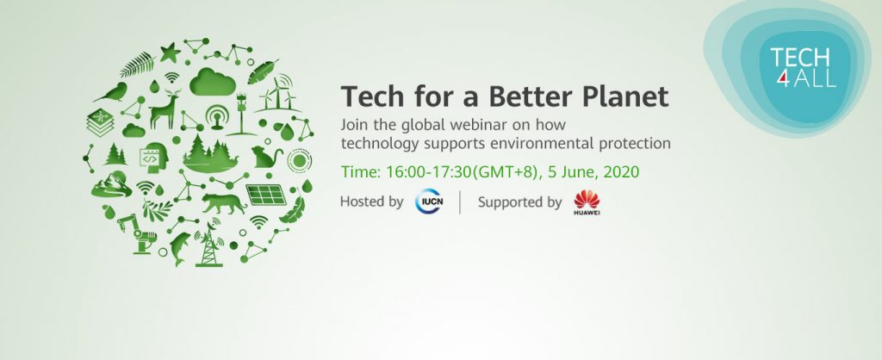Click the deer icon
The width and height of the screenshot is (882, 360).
click(165, 111)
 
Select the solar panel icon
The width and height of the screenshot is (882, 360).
click(266, 195)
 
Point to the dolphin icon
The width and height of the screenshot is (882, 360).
click(179, 247)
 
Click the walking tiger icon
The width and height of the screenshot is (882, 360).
click(224, 203)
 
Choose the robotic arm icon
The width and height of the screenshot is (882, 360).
click(136, 233)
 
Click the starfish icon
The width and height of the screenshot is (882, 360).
click(170, 53)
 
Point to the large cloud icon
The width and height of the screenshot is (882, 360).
click(212, 82)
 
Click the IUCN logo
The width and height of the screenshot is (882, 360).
click(429, 202)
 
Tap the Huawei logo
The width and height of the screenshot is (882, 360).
click(586, 203)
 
